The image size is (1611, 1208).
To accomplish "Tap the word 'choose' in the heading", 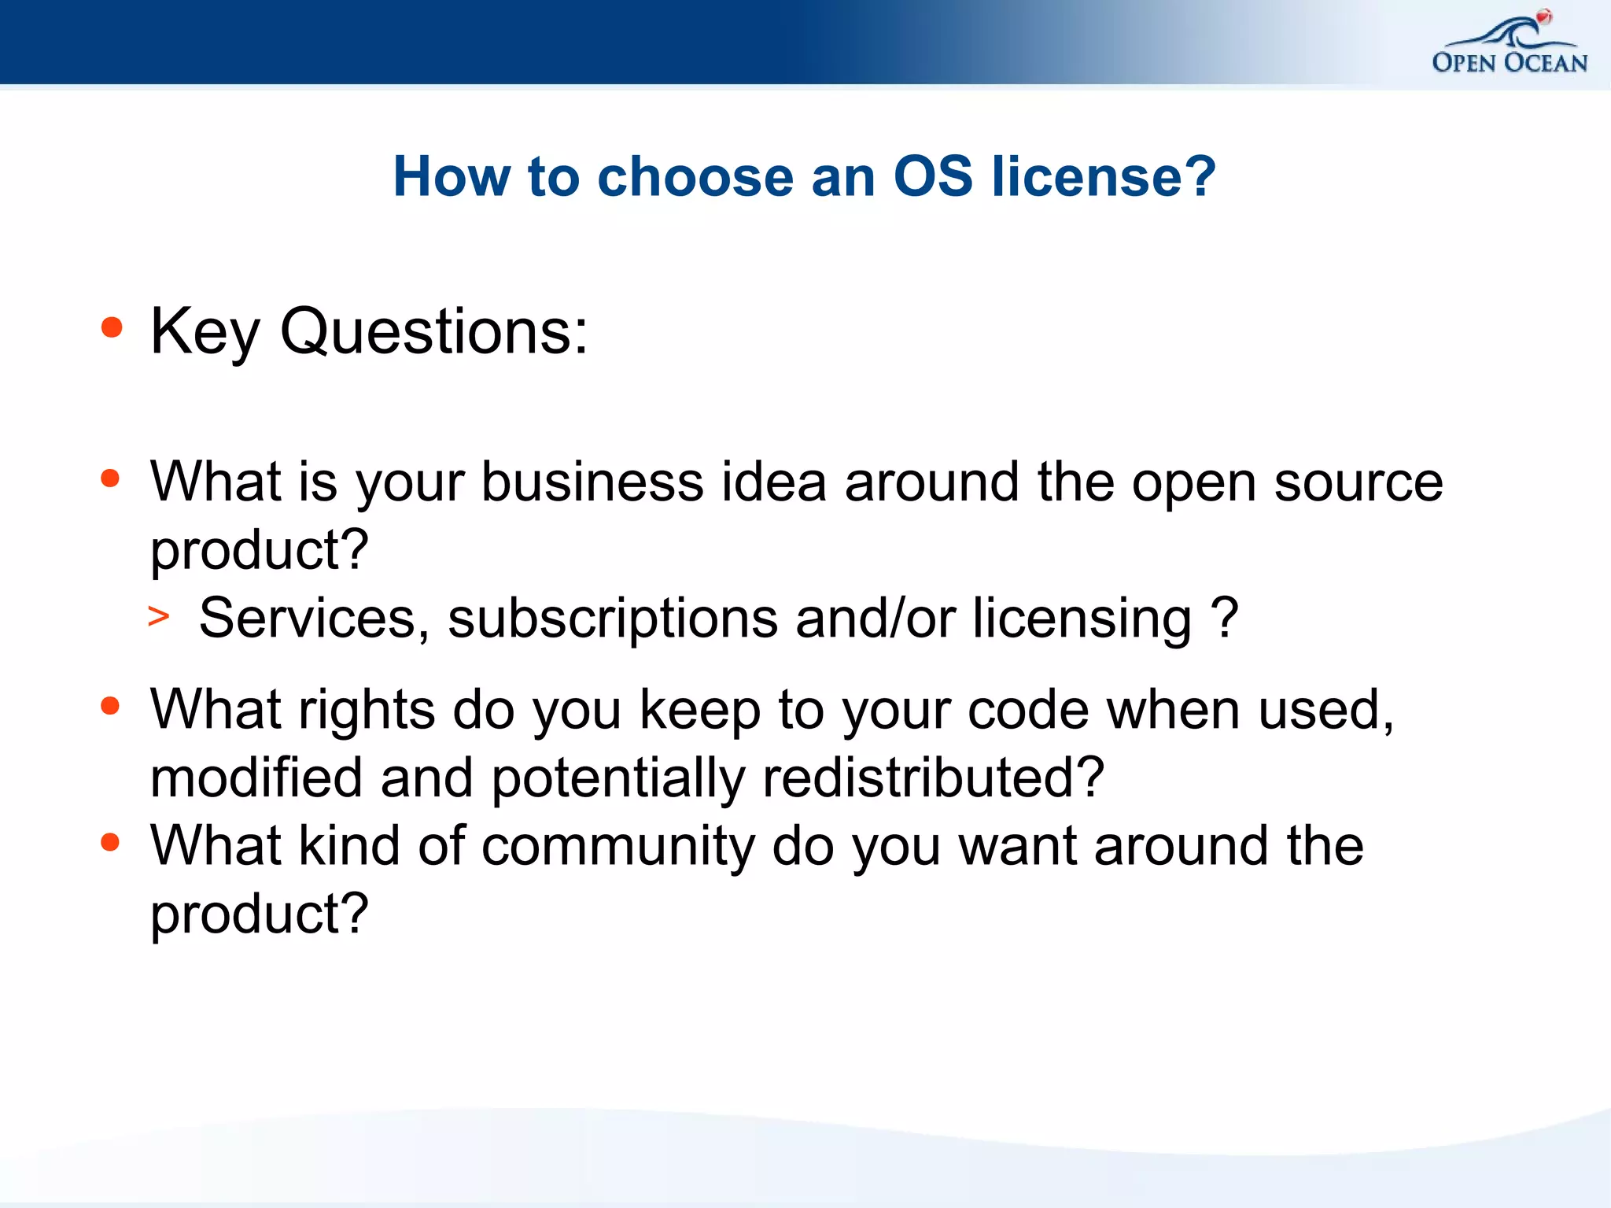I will (x=695, y=176).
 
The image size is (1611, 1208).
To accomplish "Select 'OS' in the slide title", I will (x=933, y=176).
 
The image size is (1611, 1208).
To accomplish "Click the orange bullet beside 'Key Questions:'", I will (x=112, y=327).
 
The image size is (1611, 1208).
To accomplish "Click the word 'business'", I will (x=592, y=482).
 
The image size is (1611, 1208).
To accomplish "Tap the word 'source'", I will (x=1358, y=483).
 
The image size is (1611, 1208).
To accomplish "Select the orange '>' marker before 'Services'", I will (x=158, y=617).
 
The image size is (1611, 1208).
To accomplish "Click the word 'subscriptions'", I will (x=613, y=619).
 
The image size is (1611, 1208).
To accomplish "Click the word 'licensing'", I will (x=1082, y=619).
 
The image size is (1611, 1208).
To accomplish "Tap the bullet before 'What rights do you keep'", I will (x=110, y=706).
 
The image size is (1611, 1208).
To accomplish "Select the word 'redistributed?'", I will (x=934, y=778).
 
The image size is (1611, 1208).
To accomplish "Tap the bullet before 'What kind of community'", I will (x=110, y=843).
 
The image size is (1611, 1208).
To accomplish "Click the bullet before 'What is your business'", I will (x=110, y=478).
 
